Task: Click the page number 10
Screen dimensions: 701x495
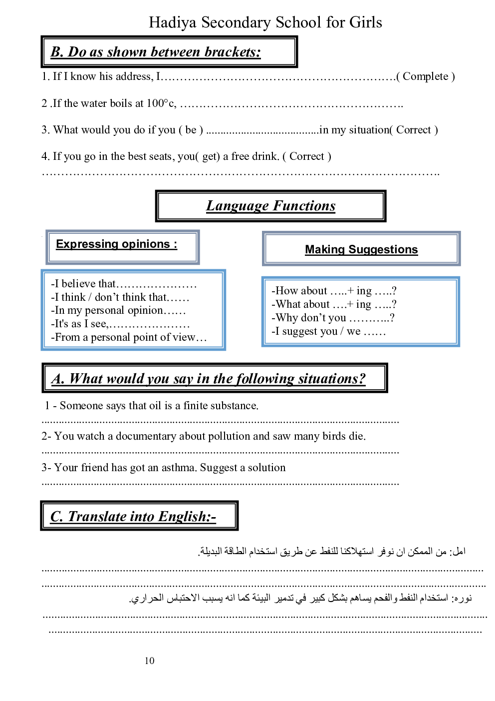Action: (150, 661)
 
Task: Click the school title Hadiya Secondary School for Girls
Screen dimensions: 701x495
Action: (265, 22)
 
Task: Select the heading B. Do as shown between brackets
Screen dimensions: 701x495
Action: (156, 52)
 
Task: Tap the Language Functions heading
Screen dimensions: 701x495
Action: (270, 206)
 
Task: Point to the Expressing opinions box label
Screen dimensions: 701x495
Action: (116, 244)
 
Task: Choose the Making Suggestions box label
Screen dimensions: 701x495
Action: (361, 249)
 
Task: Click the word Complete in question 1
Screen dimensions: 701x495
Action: (425, 76)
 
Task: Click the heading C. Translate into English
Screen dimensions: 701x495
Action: (133, 516)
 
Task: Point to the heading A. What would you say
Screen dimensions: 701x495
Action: (209, 379)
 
